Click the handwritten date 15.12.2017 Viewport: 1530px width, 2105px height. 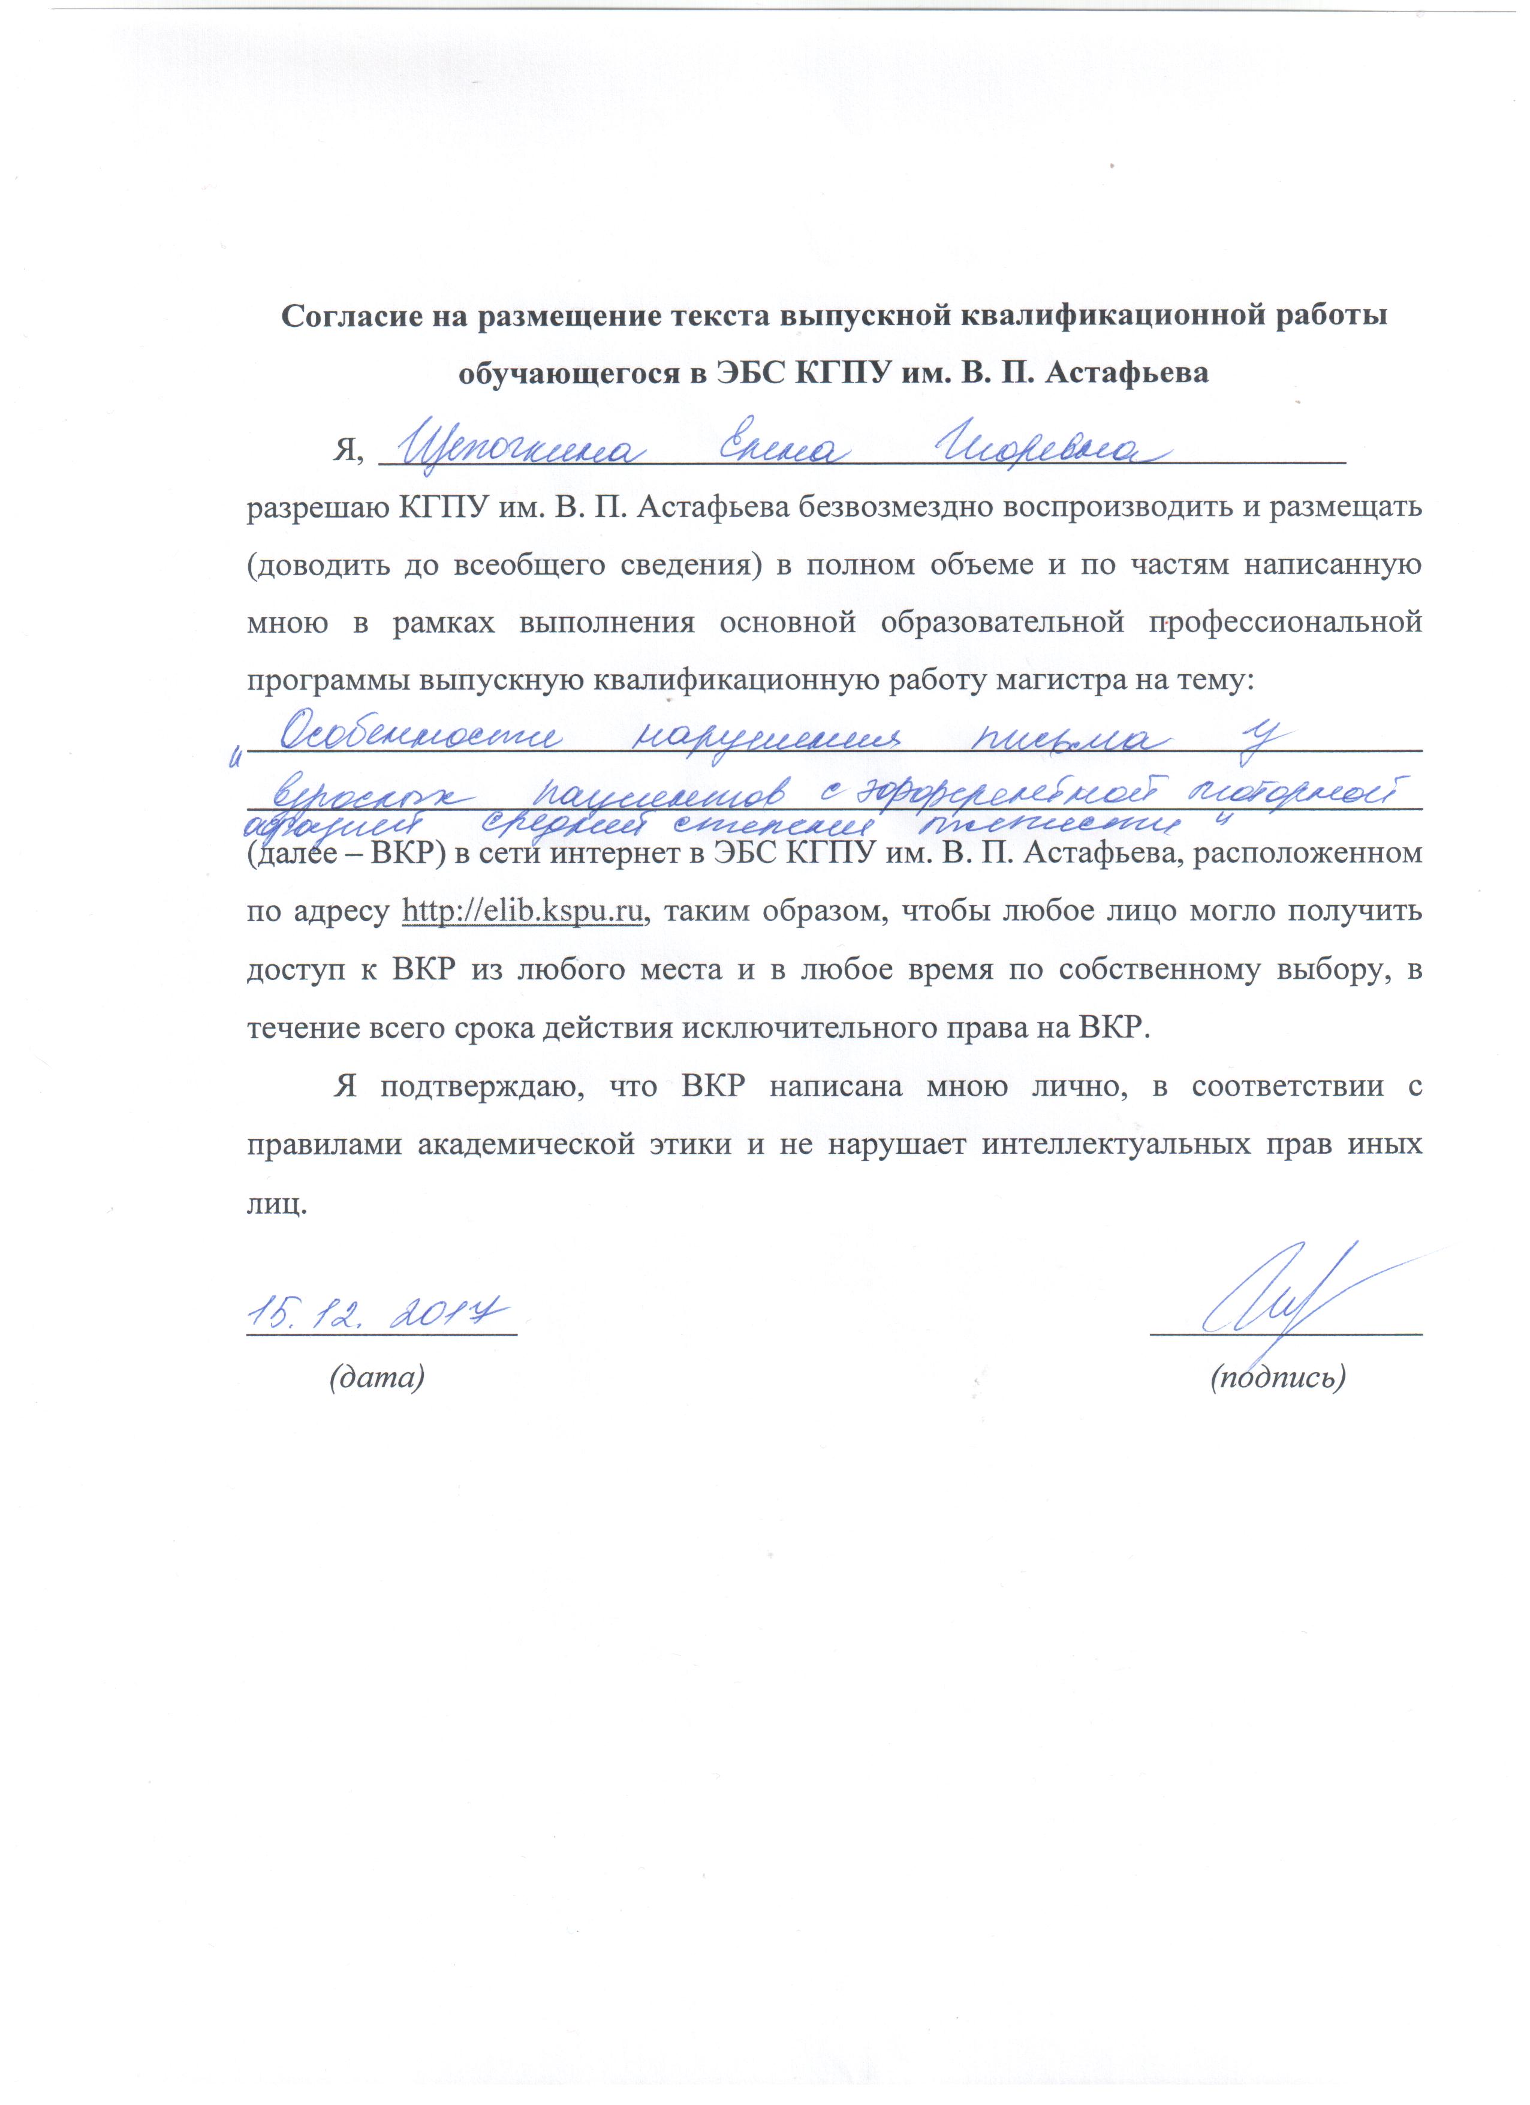tap(377, 1314)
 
